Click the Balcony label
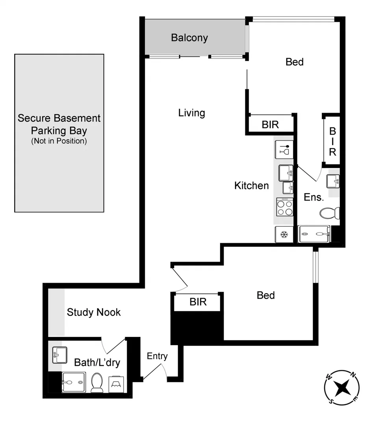[x=189, y=38]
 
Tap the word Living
[x=191, y=113]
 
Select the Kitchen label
[x=251, y=185]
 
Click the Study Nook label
[x=94, y=312]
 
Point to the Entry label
[x=157, y=356]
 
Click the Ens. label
[x=313, y=197]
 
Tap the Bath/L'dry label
[x=97, y=362]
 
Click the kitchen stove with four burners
[x=284, y=207]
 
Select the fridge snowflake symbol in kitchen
[x=284, y=235]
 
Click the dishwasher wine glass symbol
[x=284, y=150]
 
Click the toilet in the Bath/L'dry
[x=96, y=382]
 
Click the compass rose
[x=342, y=388]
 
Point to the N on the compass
[x=353, y=375]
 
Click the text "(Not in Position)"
[x=59, y=141]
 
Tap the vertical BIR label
[x=332, y=141]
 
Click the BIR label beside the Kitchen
[x=270, y=125]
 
